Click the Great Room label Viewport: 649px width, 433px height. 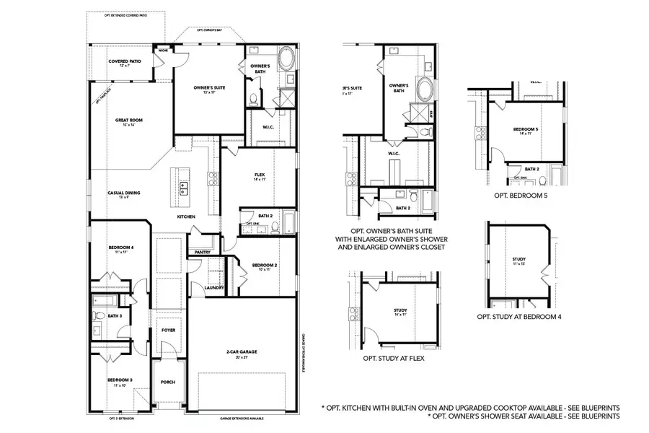point(126,122)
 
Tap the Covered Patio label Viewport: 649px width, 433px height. point(125,62)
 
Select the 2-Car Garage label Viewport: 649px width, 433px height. point(242,352)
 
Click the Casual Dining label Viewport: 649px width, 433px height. point(124,193)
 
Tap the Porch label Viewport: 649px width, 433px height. point(168,382)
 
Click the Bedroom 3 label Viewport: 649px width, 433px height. point(120,380)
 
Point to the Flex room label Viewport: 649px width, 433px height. point(260,175)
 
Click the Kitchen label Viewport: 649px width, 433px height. point(187,216)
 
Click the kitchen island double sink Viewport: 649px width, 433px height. point(183,188)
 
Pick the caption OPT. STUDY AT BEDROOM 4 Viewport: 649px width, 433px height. point(519,316)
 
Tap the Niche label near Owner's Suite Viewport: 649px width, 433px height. point(164,51)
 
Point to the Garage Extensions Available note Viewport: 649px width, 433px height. point(242,418)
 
